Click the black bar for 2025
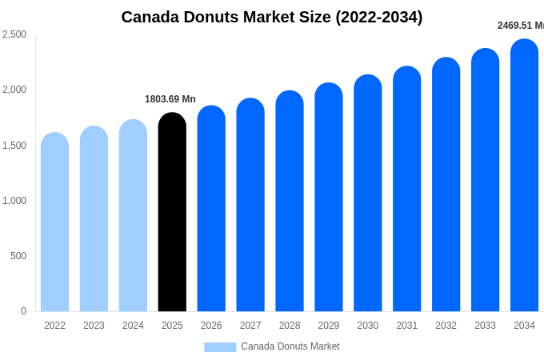tap(172, 212)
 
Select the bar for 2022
tap(54, 222)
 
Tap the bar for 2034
tap(524, 176)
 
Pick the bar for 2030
tap(367, 194)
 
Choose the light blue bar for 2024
tap(133, 216)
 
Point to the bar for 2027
tap(250, 205)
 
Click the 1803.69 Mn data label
tap(170, 99)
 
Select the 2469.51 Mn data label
tap(520, 26)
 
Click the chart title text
tap(272, 17)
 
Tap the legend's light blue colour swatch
tap(220, 347)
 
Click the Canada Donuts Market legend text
tap(290, 346)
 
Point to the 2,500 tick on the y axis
tap(14, 34)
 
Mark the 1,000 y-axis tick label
tap(14, 201)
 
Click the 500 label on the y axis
tap(18, 256)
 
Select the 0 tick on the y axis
tap(23, 311)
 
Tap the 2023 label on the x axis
tap(94, 326)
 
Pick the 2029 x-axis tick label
tap(328, 326)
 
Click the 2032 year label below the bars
tap(446, 326)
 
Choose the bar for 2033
tap(485, 181)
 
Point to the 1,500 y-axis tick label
tap(14, 146)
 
